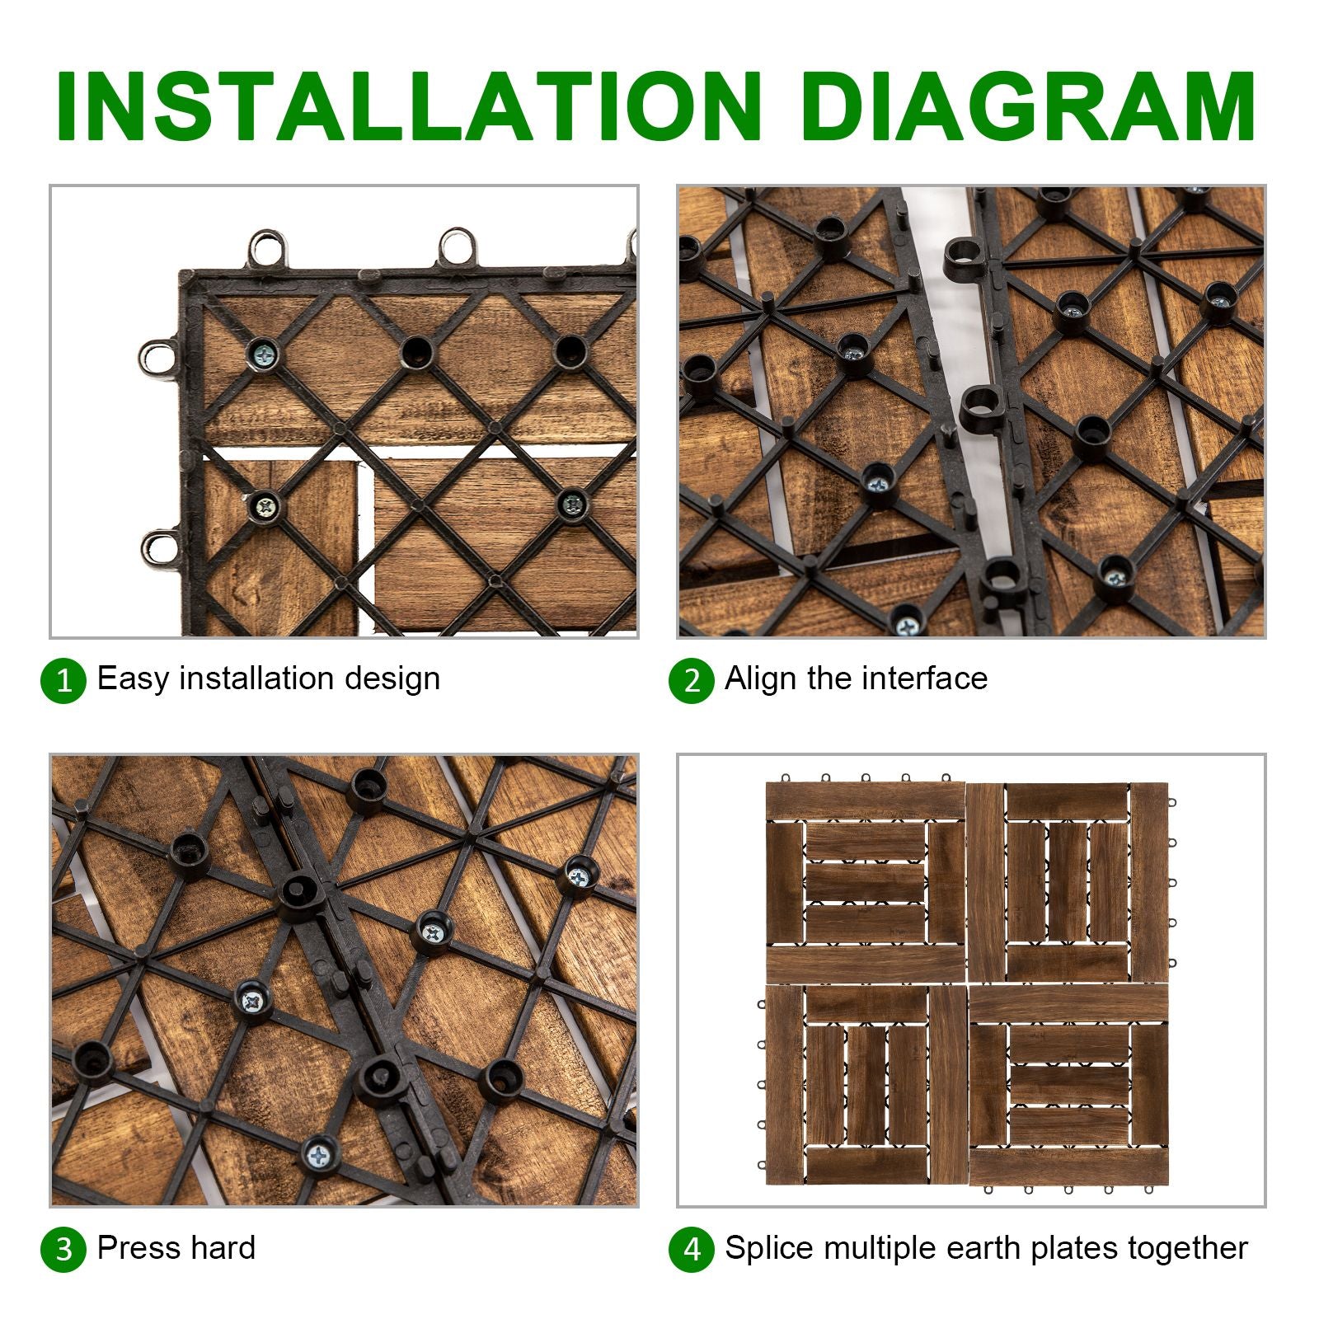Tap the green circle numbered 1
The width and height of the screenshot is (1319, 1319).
pos(63,681)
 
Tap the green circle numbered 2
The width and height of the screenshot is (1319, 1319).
pos(692,681)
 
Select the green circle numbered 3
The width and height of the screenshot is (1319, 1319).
pos(63,1249)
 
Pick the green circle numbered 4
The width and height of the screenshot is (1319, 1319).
pos(692,1249)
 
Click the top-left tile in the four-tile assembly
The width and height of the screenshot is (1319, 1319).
pos(866,882)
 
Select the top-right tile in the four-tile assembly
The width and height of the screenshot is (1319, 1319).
pos(1068,882)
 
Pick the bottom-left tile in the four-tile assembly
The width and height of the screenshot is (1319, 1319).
pos(866,1085)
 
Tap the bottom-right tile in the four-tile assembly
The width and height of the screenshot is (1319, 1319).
pos(1069,1085)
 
